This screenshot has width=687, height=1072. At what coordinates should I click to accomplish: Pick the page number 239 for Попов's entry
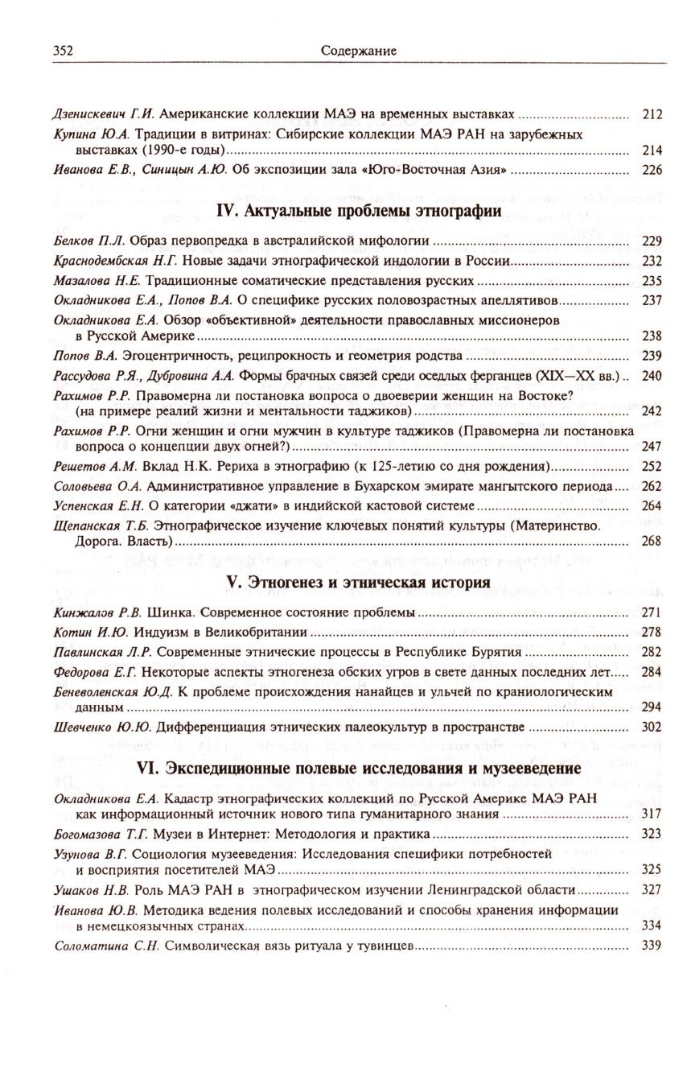point(652,355)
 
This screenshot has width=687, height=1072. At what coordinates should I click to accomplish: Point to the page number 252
point(652,467)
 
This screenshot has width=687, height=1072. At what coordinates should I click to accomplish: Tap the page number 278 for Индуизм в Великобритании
point(652,632)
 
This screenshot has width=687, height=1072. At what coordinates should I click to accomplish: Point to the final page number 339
point(652,945)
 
